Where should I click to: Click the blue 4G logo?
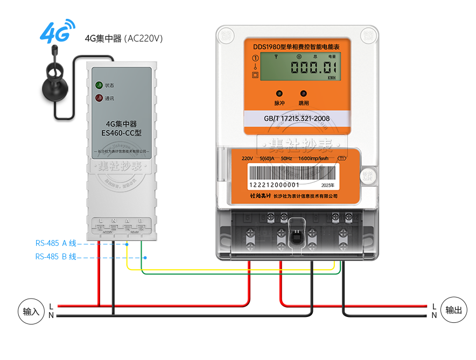(56, 33)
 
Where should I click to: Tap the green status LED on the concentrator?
(99, 85)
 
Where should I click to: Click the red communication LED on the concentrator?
(99, 98)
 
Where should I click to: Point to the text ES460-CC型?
(121, 132)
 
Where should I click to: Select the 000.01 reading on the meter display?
(314, 67)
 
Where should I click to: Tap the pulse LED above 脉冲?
(279, 93)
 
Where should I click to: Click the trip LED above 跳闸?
(304, 93)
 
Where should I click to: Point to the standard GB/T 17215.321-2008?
(297, 118)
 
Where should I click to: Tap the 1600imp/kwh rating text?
(313, 158)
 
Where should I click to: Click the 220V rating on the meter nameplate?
(247, 158)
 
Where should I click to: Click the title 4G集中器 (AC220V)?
(124, 39)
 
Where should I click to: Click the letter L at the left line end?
(51, 306)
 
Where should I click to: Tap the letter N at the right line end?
(434, 315)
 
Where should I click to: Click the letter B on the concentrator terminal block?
(141, 221)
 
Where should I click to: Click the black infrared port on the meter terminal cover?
(295, 237)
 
